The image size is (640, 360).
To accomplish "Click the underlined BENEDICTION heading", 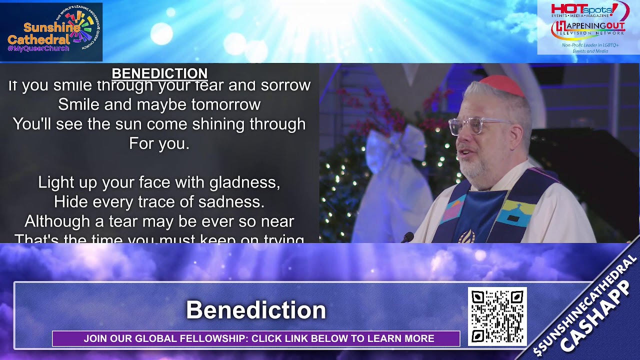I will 159,73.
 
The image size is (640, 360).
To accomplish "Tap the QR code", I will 497,316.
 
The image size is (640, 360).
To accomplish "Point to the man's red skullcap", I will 501,85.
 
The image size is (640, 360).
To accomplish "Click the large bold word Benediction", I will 256,310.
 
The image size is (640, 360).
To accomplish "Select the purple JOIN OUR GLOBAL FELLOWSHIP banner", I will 256,338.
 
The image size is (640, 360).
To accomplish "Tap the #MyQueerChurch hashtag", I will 38,48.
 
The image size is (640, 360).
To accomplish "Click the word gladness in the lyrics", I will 244,182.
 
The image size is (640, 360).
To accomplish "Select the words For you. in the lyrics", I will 159,144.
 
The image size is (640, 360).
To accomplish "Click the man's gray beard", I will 475,167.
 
